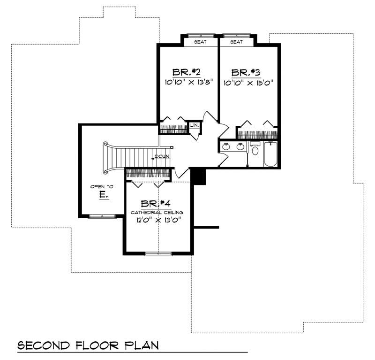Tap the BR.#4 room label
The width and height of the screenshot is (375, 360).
click(x=157, y=204)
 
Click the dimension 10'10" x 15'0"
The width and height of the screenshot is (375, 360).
click(x=248, y=83)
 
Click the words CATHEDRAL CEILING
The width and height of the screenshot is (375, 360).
click(x=157, y=212)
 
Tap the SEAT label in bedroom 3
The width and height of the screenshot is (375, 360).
click(x=236, y=42)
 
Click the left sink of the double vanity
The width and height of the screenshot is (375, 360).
click(x=226, y=146)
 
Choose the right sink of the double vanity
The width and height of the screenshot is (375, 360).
click(x=240, y=146)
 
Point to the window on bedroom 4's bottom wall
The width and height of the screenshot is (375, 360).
click(x=157, y=254)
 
